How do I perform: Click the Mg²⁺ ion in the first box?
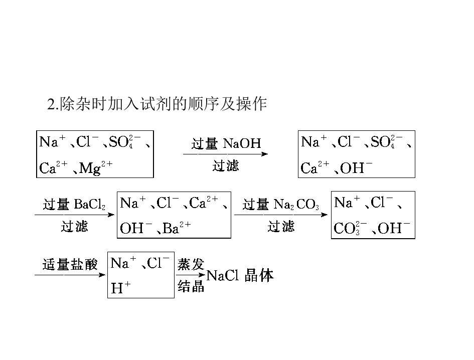[x=96, y=167]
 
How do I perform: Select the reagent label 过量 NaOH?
[x=226, y=143]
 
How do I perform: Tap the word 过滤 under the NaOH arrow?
[x=226, y=165]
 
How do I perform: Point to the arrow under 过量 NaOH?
[x=225, y=154]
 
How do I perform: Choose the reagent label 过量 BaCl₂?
[x=74, y=205]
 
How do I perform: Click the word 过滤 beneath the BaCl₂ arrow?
[x=74, y=226]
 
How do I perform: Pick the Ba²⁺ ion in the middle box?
[x=177, y=228]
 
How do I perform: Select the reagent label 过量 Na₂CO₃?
[x=281, y=205]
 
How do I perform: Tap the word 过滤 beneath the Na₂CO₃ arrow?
[x=281, y=226]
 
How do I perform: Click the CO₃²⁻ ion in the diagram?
[x=351, y=228]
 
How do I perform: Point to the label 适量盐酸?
[x=70, y=264]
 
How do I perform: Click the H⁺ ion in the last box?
[x=120, y=287]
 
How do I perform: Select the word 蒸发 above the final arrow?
[x=191, y=264]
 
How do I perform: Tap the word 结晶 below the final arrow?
[x=191, y=286]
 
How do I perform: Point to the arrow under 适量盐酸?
[x=70, y=275]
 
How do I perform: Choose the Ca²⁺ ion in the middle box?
[x=204, y=203]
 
